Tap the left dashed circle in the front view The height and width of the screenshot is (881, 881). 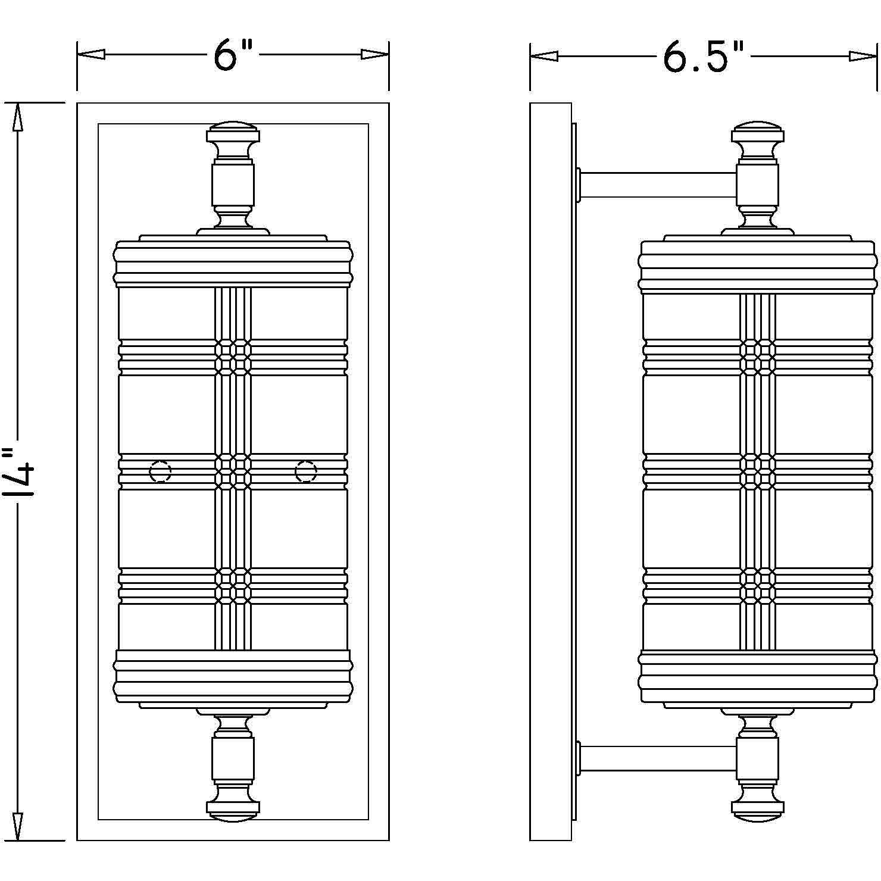coord(160,472)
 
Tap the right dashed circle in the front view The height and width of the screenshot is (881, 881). coord(306,472)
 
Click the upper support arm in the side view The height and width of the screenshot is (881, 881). coord(658,186)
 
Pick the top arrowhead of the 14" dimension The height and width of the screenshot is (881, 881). coord(18,117)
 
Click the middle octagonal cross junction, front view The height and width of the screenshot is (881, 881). coord(233,471)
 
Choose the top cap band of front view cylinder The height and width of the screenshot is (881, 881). coord(233,263)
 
